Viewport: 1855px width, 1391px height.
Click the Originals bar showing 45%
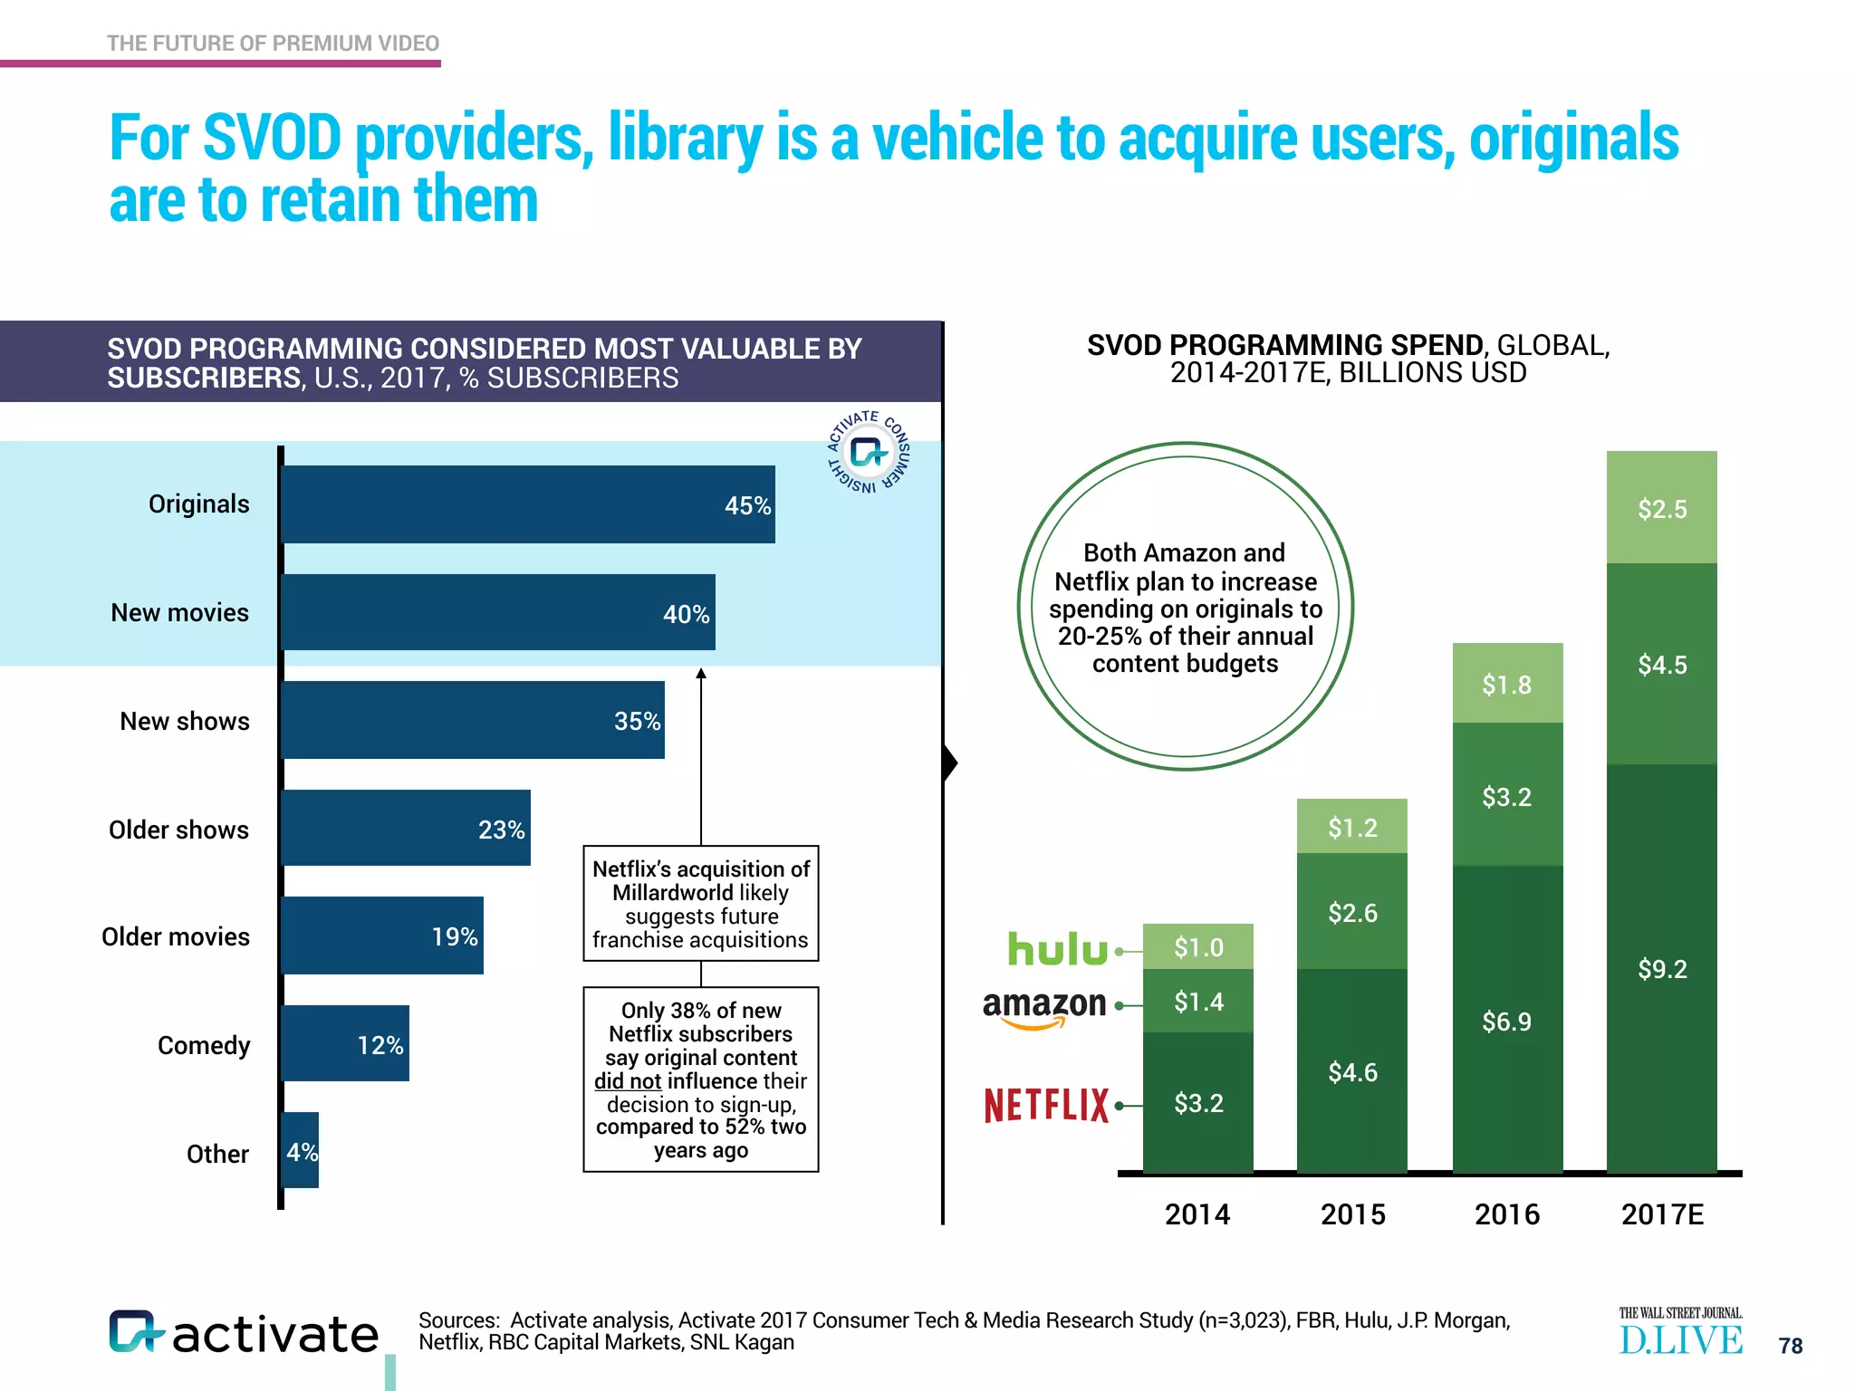tap(528, 504)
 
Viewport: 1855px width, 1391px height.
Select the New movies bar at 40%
tap(498, 612)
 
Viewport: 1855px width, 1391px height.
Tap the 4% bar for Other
tap(301, 1150)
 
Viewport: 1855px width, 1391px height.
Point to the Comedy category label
tap(204, 1045)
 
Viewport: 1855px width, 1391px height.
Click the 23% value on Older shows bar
tap(501, 830)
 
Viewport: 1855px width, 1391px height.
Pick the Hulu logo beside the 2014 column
tap(1058, 949)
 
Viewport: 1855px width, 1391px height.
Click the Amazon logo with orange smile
tap(1044, 1008)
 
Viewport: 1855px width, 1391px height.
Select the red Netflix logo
tap(1046, 1106)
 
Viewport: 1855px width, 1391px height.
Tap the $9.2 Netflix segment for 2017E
tap(1661, 969)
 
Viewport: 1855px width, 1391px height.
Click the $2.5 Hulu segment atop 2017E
tap(1661, 508)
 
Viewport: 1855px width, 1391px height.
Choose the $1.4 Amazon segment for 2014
tap(1197, 1002)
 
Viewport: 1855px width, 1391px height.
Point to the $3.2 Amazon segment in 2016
tap(1506, 796)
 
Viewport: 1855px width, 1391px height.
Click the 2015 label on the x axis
tap(1352, 1214)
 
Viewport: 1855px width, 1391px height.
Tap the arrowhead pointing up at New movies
tap(701, 673)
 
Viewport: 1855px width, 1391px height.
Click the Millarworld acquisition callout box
tap(700, 903)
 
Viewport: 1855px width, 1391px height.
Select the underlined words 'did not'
tap(627, 1081)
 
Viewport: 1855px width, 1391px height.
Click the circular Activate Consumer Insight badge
tap(868, 451)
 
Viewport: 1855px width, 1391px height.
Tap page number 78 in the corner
tap(1790, 1346)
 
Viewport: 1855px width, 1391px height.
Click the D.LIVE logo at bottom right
tap(1680, 1334)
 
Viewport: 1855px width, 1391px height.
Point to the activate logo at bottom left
tap(244, 1333)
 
